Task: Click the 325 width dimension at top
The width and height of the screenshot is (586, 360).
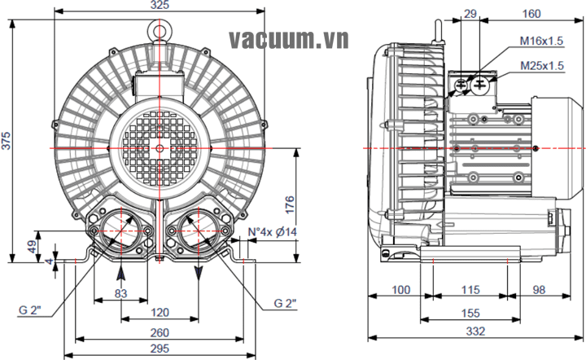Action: click(160, 5)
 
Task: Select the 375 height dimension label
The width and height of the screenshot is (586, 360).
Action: click(7, 141)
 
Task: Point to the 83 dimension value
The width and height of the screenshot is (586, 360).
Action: click(120, 292)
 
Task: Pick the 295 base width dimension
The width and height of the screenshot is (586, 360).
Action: click(160, 349)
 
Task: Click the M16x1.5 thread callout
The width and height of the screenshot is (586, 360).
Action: click(541, 41)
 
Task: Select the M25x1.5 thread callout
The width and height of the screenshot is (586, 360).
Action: click(541, 65)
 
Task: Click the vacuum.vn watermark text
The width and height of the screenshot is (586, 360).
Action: click(289, 38)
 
